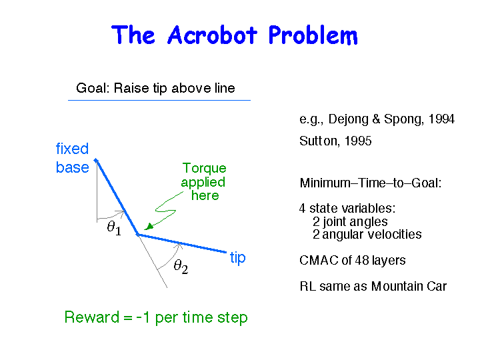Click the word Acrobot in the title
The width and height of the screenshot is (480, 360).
pos(212,35)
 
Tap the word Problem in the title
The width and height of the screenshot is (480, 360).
pos(313,35)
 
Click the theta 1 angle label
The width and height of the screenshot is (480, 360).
pos(114,228)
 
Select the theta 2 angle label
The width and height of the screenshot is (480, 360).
pos(181,266)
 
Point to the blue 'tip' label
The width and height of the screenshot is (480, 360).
pos(237,257)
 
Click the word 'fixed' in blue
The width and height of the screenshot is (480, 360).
pos(72,149)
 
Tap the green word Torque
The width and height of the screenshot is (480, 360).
pos(204,168)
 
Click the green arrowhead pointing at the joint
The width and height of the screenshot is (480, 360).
pos(149,227)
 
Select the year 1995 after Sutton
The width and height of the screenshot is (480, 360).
pos(358,141)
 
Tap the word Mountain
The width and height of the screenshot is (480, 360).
pos(395,286)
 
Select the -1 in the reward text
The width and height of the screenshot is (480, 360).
pos(143,317)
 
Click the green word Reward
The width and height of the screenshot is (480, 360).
pos(91,317)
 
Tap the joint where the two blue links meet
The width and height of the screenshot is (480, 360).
pos(138,235)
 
